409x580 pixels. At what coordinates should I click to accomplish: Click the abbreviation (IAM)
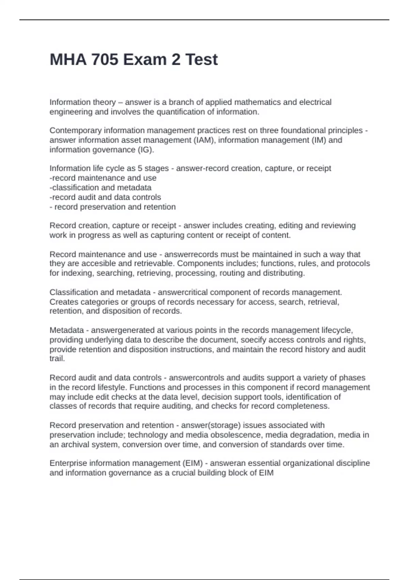click(204, 140)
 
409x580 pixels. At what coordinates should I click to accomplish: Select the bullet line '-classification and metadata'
click(101, 188)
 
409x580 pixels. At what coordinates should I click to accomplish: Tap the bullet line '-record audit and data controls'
click(105, 197)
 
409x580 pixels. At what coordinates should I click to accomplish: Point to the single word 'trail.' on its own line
click(57, 359)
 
